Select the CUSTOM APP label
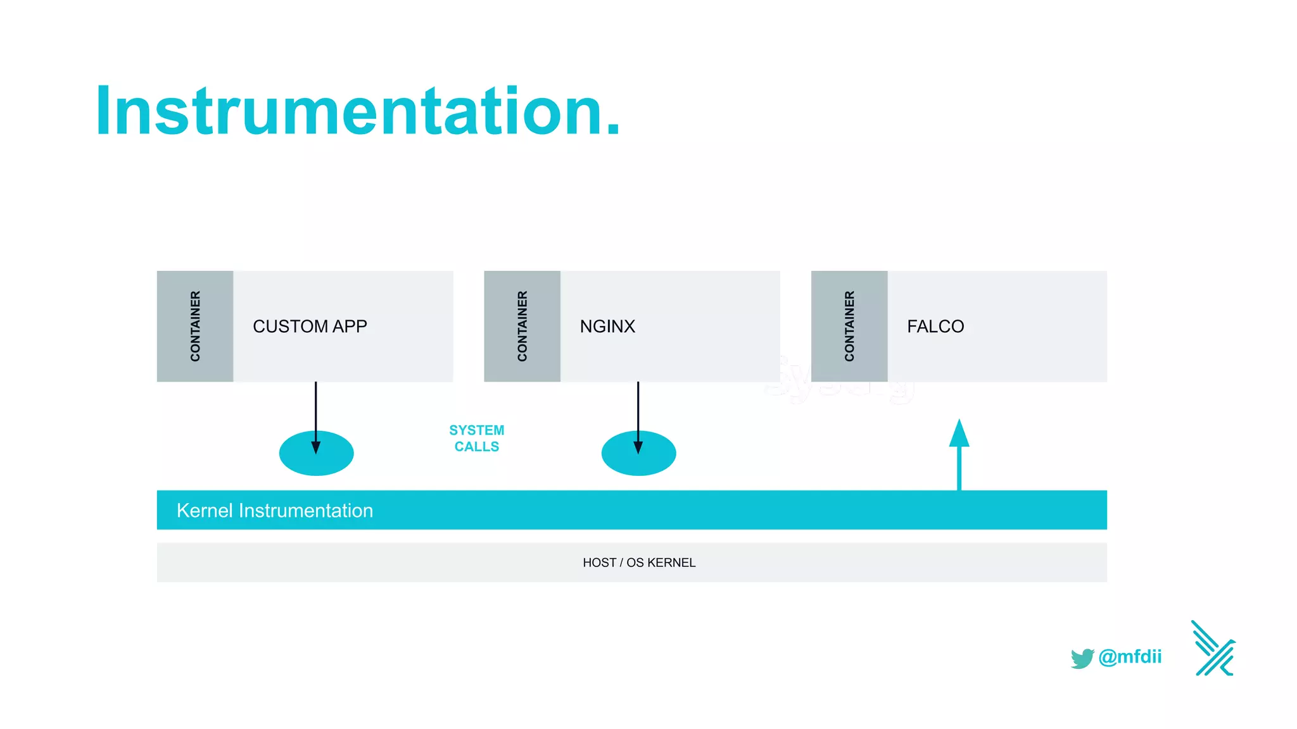(x=310, y=327)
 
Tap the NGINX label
(x=607, y=327)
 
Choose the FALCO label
(x=935, y=327)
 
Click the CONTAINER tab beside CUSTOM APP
(x=195, y=327)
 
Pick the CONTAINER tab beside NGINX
(x=522, y=327)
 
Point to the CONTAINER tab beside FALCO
(x=849, y=327)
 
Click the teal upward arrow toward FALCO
(x=959, y=456)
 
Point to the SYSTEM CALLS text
(x=476, y=438)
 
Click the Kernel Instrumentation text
(x=274, y=511)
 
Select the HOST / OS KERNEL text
(x=638, y=563)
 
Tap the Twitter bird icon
(x=1082, y=658)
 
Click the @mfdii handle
(x=1130, y=657)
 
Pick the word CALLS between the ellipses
(x=476, y=447)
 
